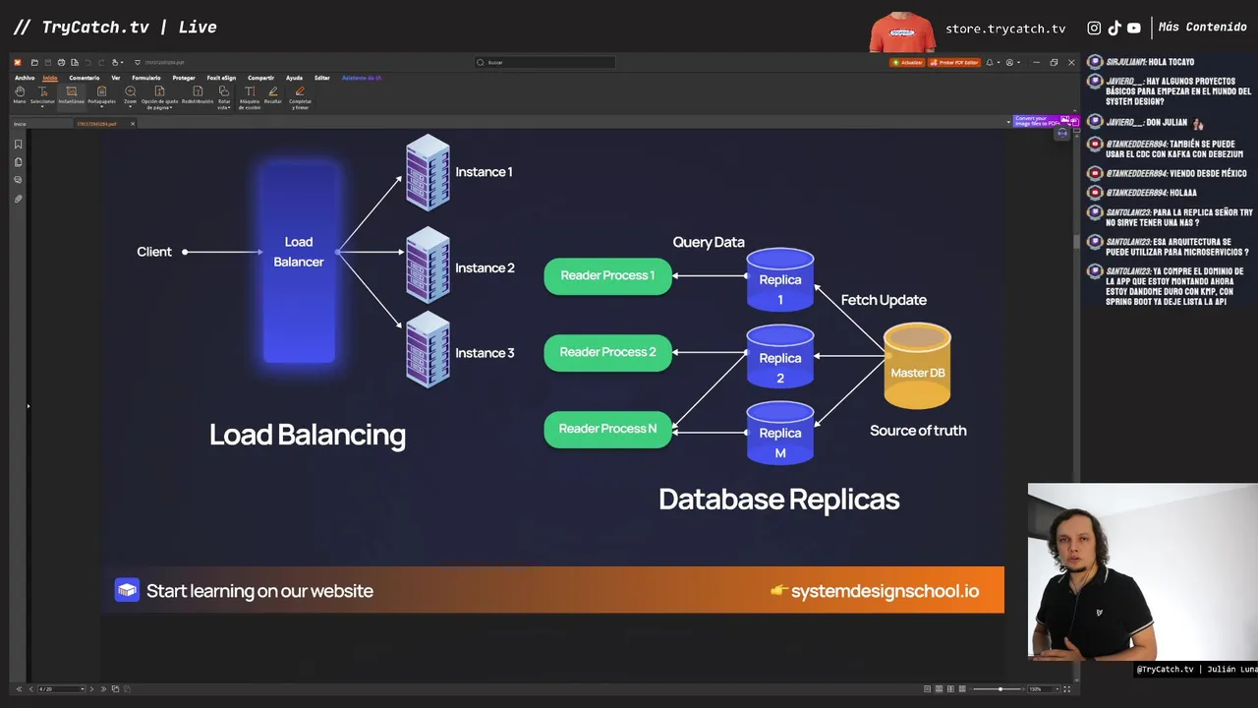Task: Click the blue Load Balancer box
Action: (x=299, y=260)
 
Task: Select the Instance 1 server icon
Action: (x=428, y=173)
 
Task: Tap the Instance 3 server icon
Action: (x=428, y=349)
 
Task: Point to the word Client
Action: (x=154, y=252)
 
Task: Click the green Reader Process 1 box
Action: (x=607, y=275)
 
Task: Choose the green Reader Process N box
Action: (x=607, y=429)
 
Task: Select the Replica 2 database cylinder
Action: (x=780, y=357)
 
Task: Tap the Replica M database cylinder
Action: (x=780, y=434)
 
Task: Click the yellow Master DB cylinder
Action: (x=917, y=366)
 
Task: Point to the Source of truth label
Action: (x=918, y=431)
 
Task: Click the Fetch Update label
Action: (x=884, y=300)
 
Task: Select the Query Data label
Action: (x=709, y=242)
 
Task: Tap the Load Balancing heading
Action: (x=308, y=435)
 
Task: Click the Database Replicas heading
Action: (x=779, y=500)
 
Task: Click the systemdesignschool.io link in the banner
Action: (x=885, y=591)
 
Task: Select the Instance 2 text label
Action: (x=485, y=267)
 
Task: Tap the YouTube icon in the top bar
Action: (x=1134, y=29)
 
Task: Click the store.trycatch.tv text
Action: (x=1005, y=29)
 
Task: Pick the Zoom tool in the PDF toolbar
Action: (x=130, y=94)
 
